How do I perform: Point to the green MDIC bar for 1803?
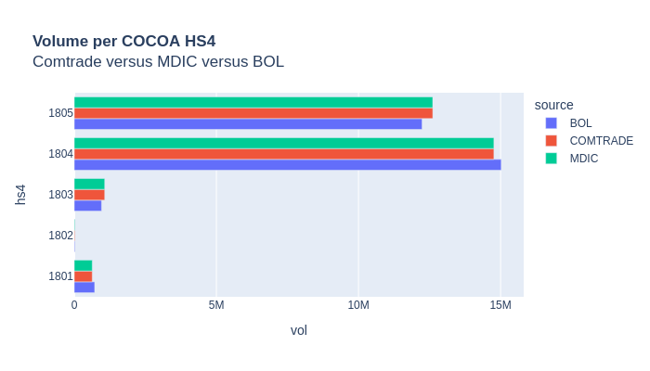[x=89, y=184]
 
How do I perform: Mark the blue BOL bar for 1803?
[x=87, y=205]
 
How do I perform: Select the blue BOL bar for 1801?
[x=84, y=287]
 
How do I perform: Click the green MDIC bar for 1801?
[x=83, y=266]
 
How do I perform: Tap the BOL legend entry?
[x=580, y=123]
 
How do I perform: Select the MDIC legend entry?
[x=584, y=159]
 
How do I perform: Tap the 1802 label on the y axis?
[x=60, y=236]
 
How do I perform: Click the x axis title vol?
[x=298, y=330]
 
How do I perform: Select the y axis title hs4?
[x=20, y=194]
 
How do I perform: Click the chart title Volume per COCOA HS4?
[x=123, y=41]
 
